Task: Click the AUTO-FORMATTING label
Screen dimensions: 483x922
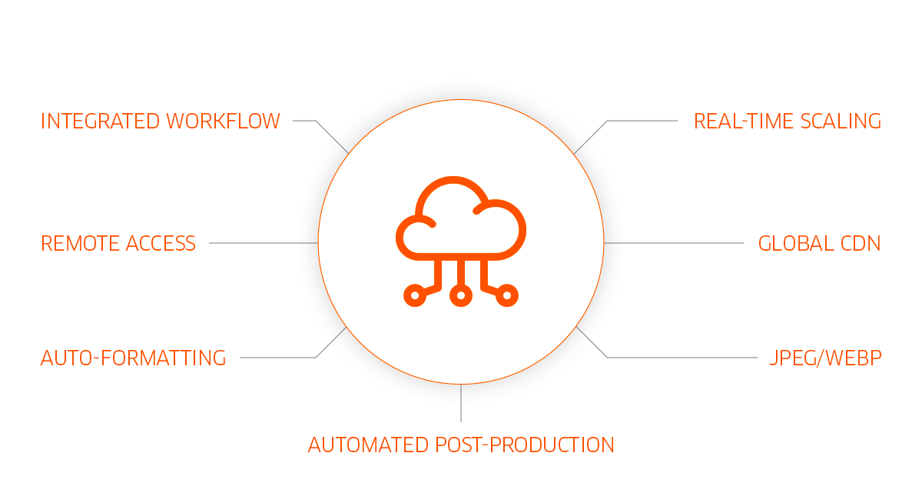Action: [x=133, y=358]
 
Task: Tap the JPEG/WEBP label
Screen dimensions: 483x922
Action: [x=824, y=358]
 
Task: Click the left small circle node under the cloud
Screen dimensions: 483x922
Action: [x=414, y=295]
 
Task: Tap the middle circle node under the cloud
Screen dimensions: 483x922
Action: [x=460, y=295]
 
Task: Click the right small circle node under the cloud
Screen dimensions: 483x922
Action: [x=507, y=295]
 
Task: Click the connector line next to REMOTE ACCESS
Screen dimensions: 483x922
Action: [x=261, y=243]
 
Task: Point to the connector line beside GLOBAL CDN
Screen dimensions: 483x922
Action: [x=676, y=243]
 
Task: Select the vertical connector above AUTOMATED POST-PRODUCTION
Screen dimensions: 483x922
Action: [x=461, y=404]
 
